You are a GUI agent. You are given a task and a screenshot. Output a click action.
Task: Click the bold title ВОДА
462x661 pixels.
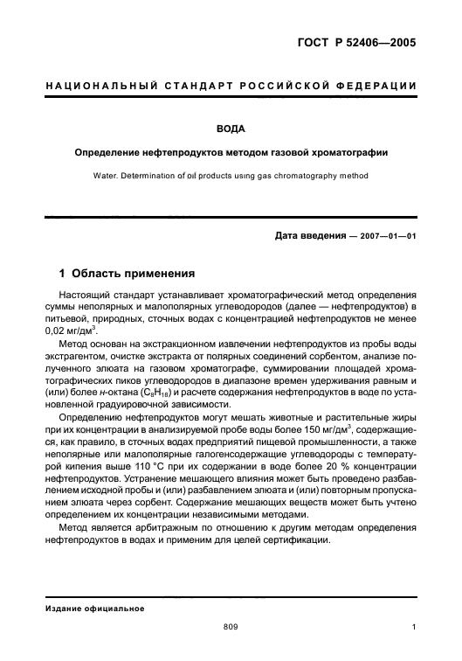tap(231, 129)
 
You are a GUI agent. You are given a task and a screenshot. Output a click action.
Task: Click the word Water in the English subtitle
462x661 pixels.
tap(107, 175)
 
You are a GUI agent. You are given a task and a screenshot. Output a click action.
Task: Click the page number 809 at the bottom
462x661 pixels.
tap(231, 626)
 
